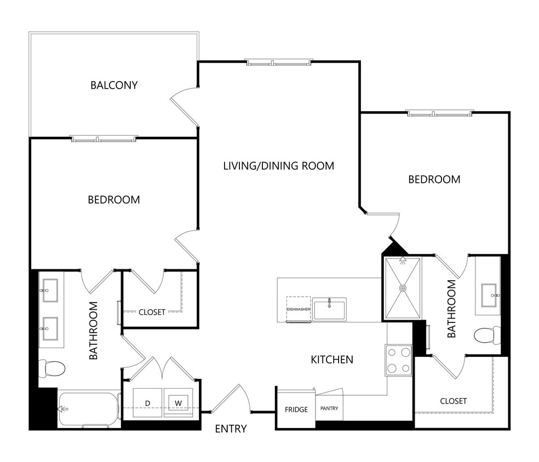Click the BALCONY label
point(114,85)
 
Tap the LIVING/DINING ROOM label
point(278,165)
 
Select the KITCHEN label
point(332,360)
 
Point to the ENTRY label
point(230,429)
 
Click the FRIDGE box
point(296,409)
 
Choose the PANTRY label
point(329,408)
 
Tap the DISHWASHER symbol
point(299,310)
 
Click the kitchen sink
point(329,309)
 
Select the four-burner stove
point(399,360)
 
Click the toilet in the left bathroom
point(52,367)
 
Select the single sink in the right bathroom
point(489,296)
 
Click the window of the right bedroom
point(439,113)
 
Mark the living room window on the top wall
point(279,62)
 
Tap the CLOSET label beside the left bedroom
point(152,313)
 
